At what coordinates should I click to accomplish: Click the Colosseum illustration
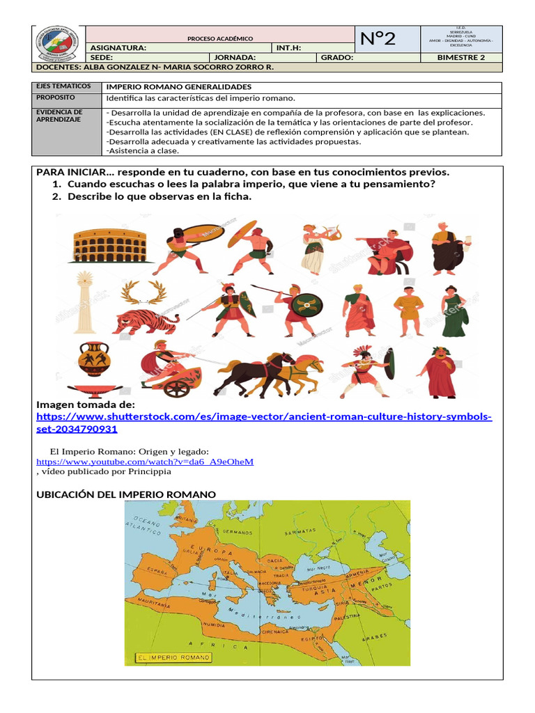109,246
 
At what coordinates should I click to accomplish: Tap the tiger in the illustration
146,322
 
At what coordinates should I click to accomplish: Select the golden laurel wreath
143,292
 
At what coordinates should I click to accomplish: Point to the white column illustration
86,304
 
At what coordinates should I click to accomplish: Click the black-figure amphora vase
92,359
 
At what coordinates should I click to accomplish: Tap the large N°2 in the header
379,39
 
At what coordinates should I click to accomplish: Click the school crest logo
58,45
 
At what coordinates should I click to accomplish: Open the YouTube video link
145,461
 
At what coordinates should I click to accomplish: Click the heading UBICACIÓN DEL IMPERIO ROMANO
126,494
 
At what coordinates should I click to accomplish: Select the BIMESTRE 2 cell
460,57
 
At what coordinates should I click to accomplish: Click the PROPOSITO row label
56,99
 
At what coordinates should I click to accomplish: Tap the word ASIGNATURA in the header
118,47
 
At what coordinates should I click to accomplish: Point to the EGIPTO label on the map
311,638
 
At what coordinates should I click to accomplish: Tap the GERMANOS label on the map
236,531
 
